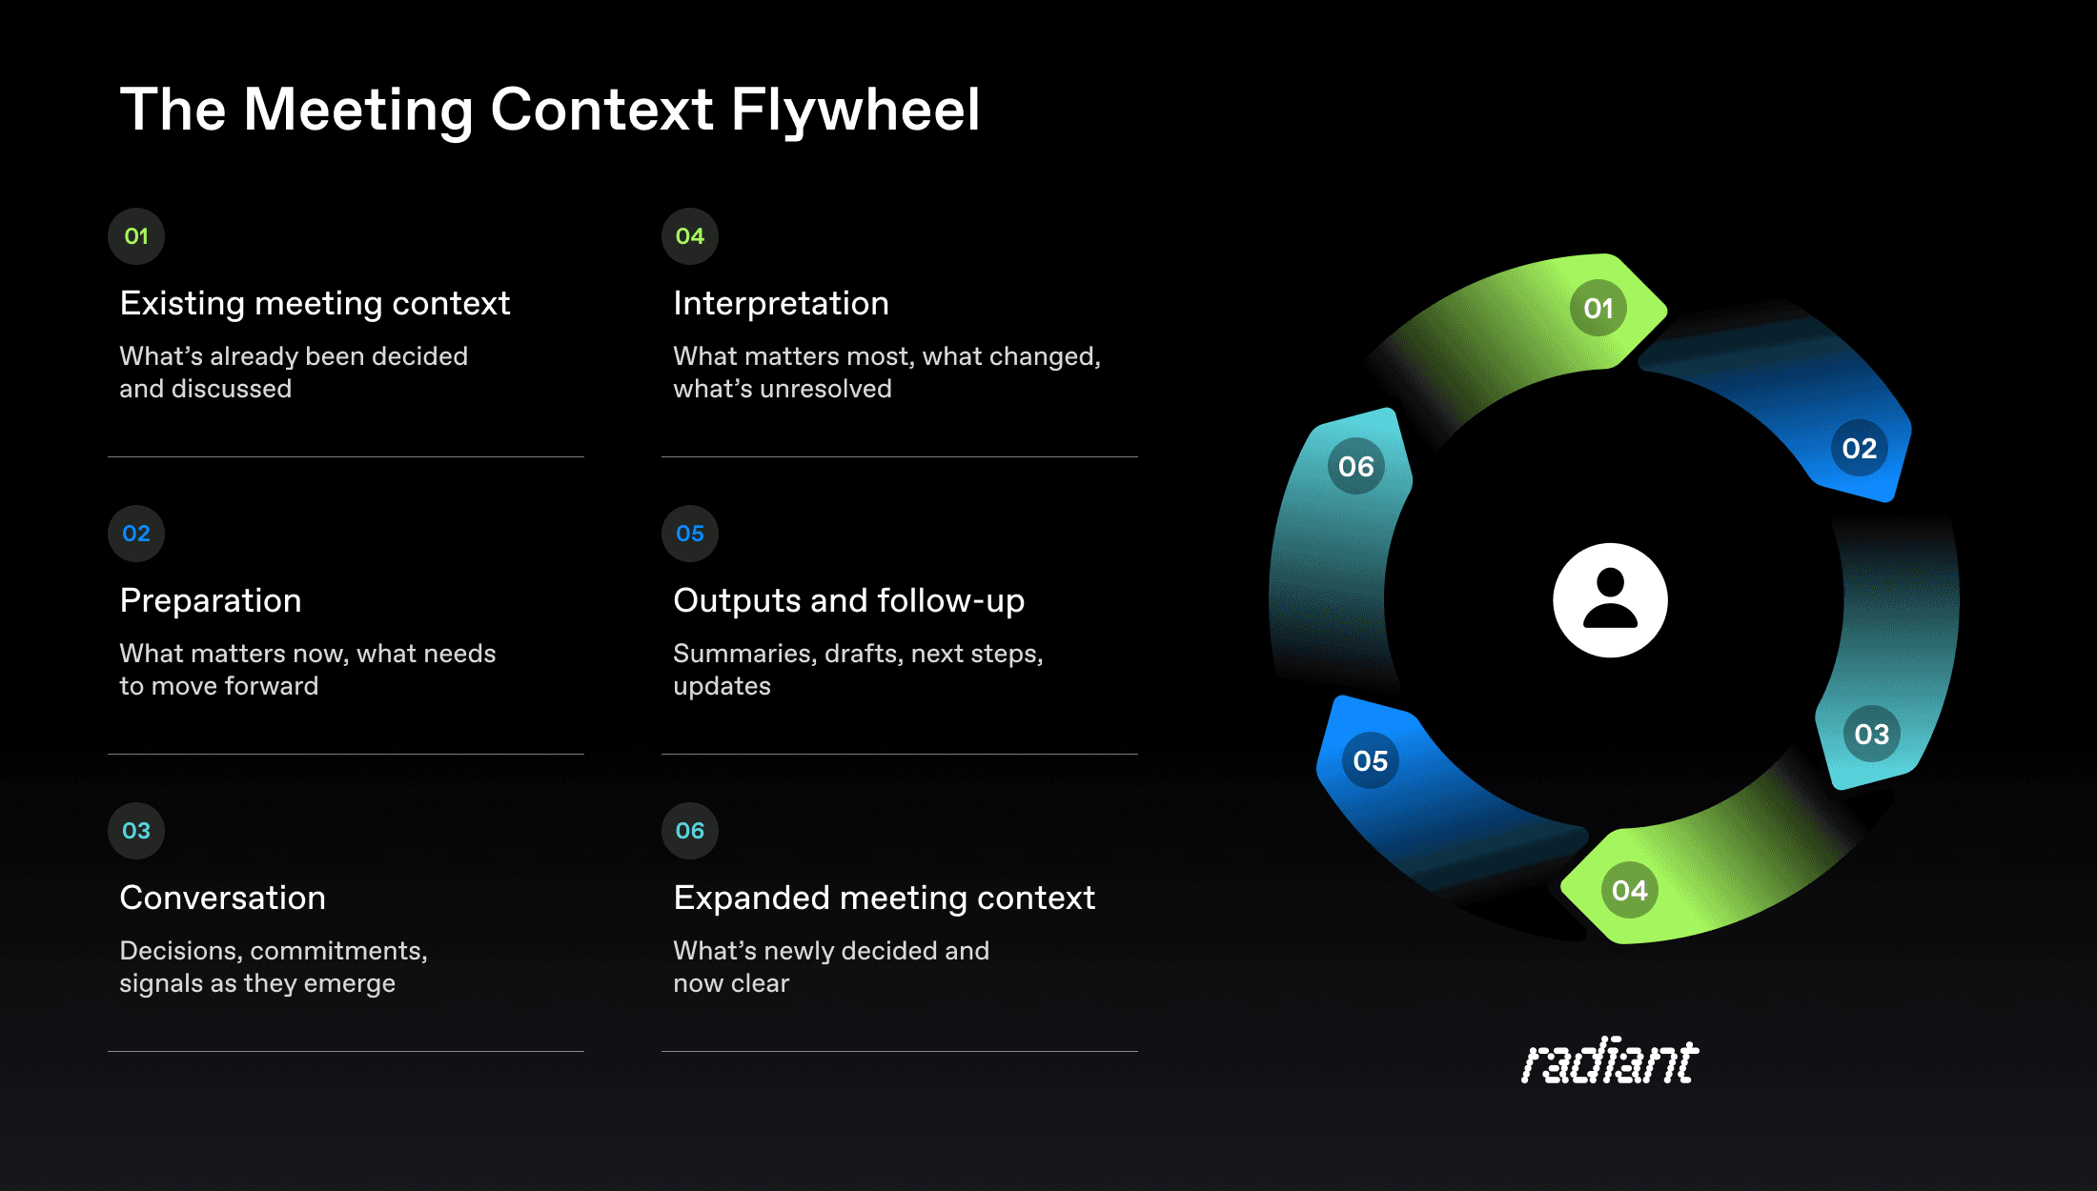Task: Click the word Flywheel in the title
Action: (855, 110)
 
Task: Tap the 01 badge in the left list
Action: (136, 236)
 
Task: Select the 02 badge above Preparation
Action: (136, 534)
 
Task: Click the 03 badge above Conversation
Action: (136, 831)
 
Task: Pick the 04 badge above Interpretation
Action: (690, 236)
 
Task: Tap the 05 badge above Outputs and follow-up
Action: (690, 534)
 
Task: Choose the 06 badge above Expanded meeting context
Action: (690, 831)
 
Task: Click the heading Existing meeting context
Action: (315, 303)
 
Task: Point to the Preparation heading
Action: (211, 600)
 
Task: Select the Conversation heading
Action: (222, 898)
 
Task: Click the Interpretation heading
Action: (781, 303)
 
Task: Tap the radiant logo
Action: (1610, 1061)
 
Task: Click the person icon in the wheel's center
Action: (1610, 600)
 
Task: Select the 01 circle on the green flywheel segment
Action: (1598, 308)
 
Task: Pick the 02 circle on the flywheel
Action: (1859, 448)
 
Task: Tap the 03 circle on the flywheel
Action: (1871, 734)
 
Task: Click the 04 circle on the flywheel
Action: (1630, 890)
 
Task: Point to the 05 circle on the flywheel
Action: (1371, 760)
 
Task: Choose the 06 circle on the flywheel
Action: (1355, 466)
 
